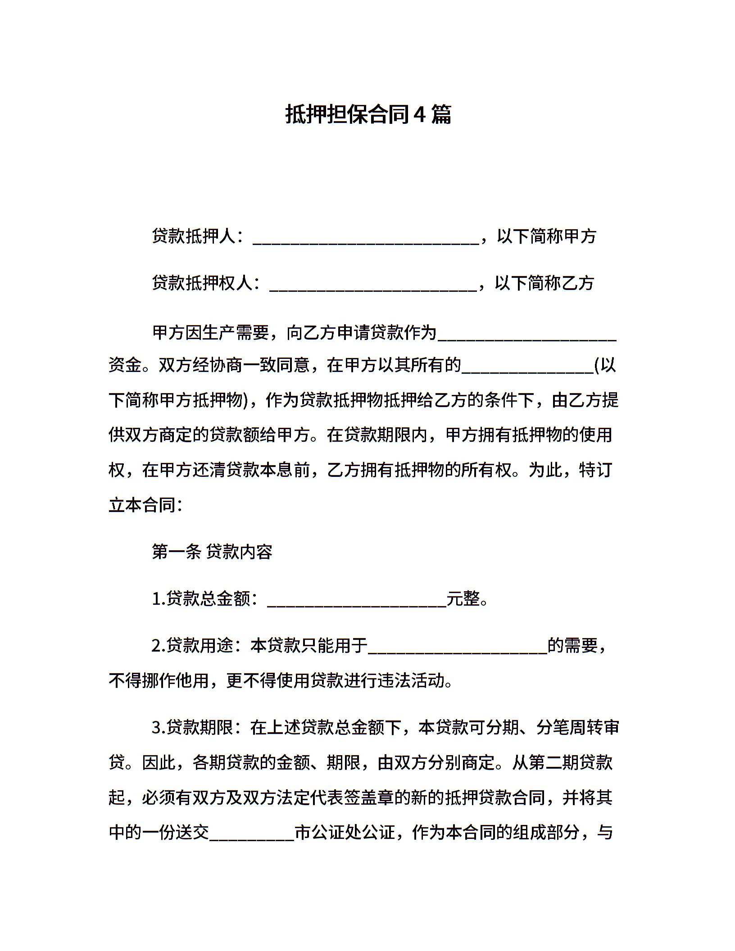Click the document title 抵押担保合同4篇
368,114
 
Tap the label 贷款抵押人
194,236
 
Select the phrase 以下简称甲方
546,236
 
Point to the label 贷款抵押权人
203,283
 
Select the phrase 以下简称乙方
544,283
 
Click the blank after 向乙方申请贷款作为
527,335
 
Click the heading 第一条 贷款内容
212,552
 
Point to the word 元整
463,599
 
